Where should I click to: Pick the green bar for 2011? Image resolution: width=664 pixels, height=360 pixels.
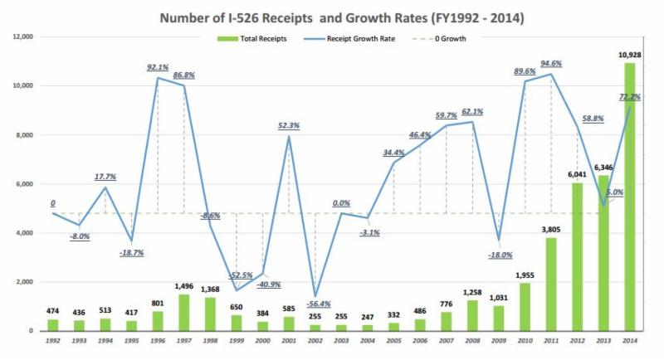click(551, 284)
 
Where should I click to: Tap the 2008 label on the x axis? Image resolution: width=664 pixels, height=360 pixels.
click(472, 341)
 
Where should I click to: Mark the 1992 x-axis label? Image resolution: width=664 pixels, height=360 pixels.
click(51, 341)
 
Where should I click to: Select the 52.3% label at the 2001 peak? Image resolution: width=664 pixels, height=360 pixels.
click(289, 126)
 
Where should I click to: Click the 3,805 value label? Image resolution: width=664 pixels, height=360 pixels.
click(551, 228)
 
